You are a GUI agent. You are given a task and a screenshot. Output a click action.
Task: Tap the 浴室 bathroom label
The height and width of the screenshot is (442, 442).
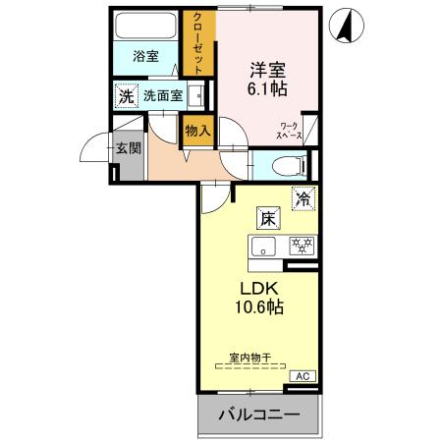[x=146, y=57]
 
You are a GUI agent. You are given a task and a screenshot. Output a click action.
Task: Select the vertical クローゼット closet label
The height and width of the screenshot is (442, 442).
[x=198, y=41]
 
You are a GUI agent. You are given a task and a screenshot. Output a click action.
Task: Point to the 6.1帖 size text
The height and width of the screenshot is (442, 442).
[x=265, y=89]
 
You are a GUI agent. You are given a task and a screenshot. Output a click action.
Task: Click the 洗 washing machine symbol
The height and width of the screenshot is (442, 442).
[x=125, y=96]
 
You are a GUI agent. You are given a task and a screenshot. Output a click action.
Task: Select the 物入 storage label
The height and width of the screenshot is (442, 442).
[x=196, y=129]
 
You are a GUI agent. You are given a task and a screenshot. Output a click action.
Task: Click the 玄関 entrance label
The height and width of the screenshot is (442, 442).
[x=128, y=148]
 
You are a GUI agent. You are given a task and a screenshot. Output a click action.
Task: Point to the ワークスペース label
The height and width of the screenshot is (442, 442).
[x=290, y=131]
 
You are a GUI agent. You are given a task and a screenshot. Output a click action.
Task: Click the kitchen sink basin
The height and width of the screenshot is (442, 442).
[x=263, y=246]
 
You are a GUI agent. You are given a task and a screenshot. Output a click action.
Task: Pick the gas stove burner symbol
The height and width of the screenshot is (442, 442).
[x=299, y=245]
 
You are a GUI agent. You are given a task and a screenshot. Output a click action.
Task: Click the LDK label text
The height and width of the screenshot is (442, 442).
[x=260, y=289]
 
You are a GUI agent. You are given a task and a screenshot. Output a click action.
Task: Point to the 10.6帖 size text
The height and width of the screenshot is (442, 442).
[x=259, y=308]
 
